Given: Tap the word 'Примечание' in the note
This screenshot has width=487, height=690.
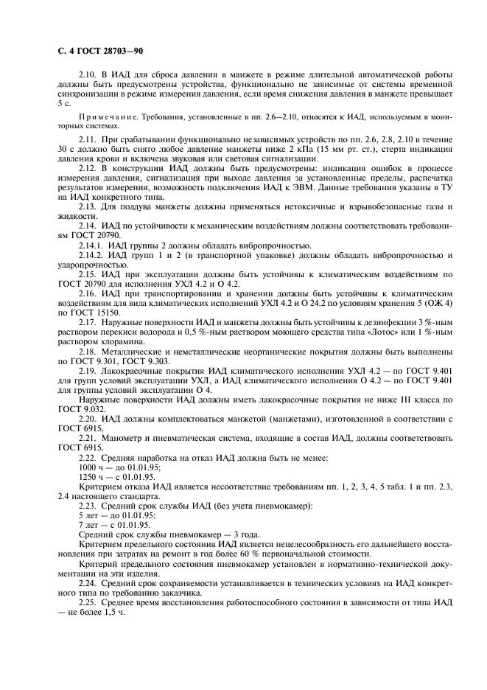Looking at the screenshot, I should click(104, 118).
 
